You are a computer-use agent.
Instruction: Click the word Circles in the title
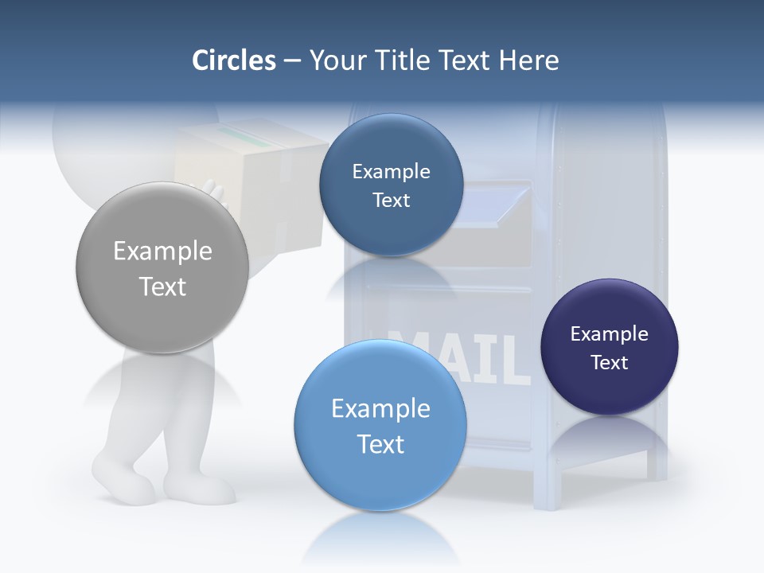(234, 60)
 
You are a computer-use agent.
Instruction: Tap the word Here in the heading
(529, 60)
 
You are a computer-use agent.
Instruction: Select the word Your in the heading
(337, 60)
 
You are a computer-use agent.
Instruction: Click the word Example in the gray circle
(162, 251)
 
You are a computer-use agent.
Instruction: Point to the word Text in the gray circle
(162, 286)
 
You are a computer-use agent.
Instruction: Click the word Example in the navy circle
(610, 334)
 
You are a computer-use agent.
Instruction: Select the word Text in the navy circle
(610, 363)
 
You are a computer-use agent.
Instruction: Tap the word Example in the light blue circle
(380, 409)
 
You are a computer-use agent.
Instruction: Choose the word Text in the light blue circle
(380, 444)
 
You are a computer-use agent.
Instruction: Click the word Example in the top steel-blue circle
(391, 172)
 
